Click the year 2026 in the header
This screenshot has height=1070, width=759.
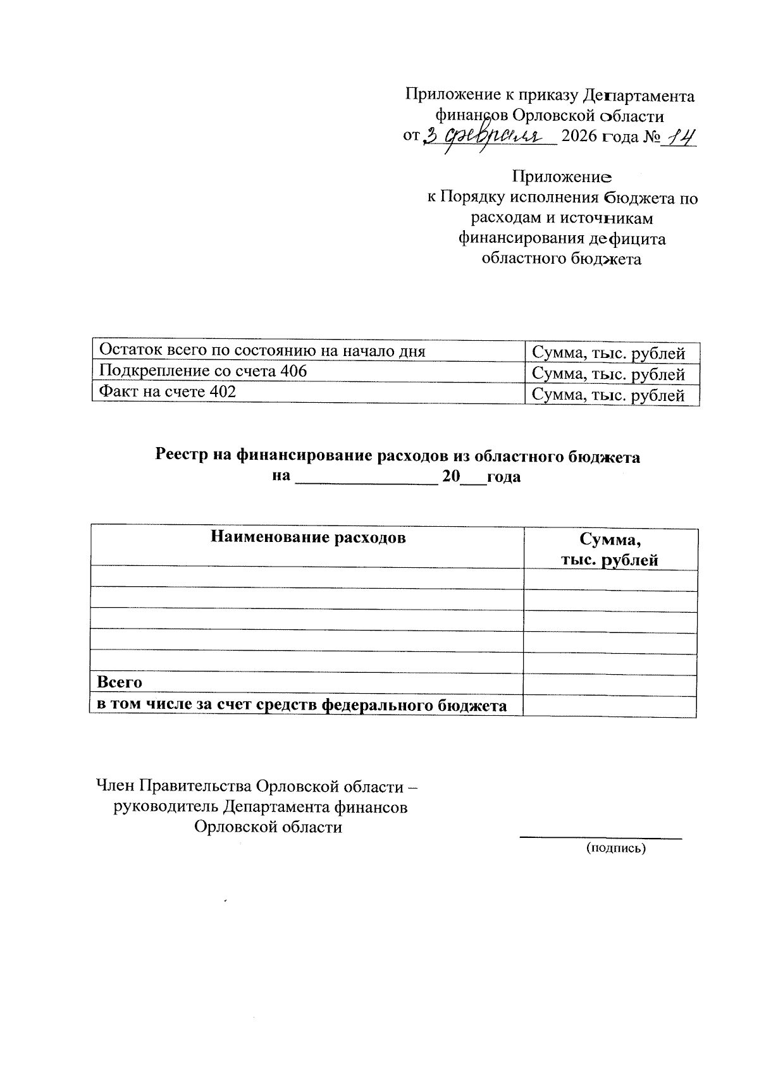tap(579, 137)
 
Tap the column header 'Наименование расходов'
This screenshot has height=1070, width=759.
tap(307, 538)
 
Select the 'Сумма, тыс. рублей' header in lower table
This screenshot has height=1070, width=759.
tap(610, 549)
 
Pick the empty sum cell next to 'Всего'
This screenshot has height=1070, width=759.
tap(610, 684)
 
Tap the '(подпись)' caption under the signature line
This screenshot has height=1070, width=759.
tap(616, 848)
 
